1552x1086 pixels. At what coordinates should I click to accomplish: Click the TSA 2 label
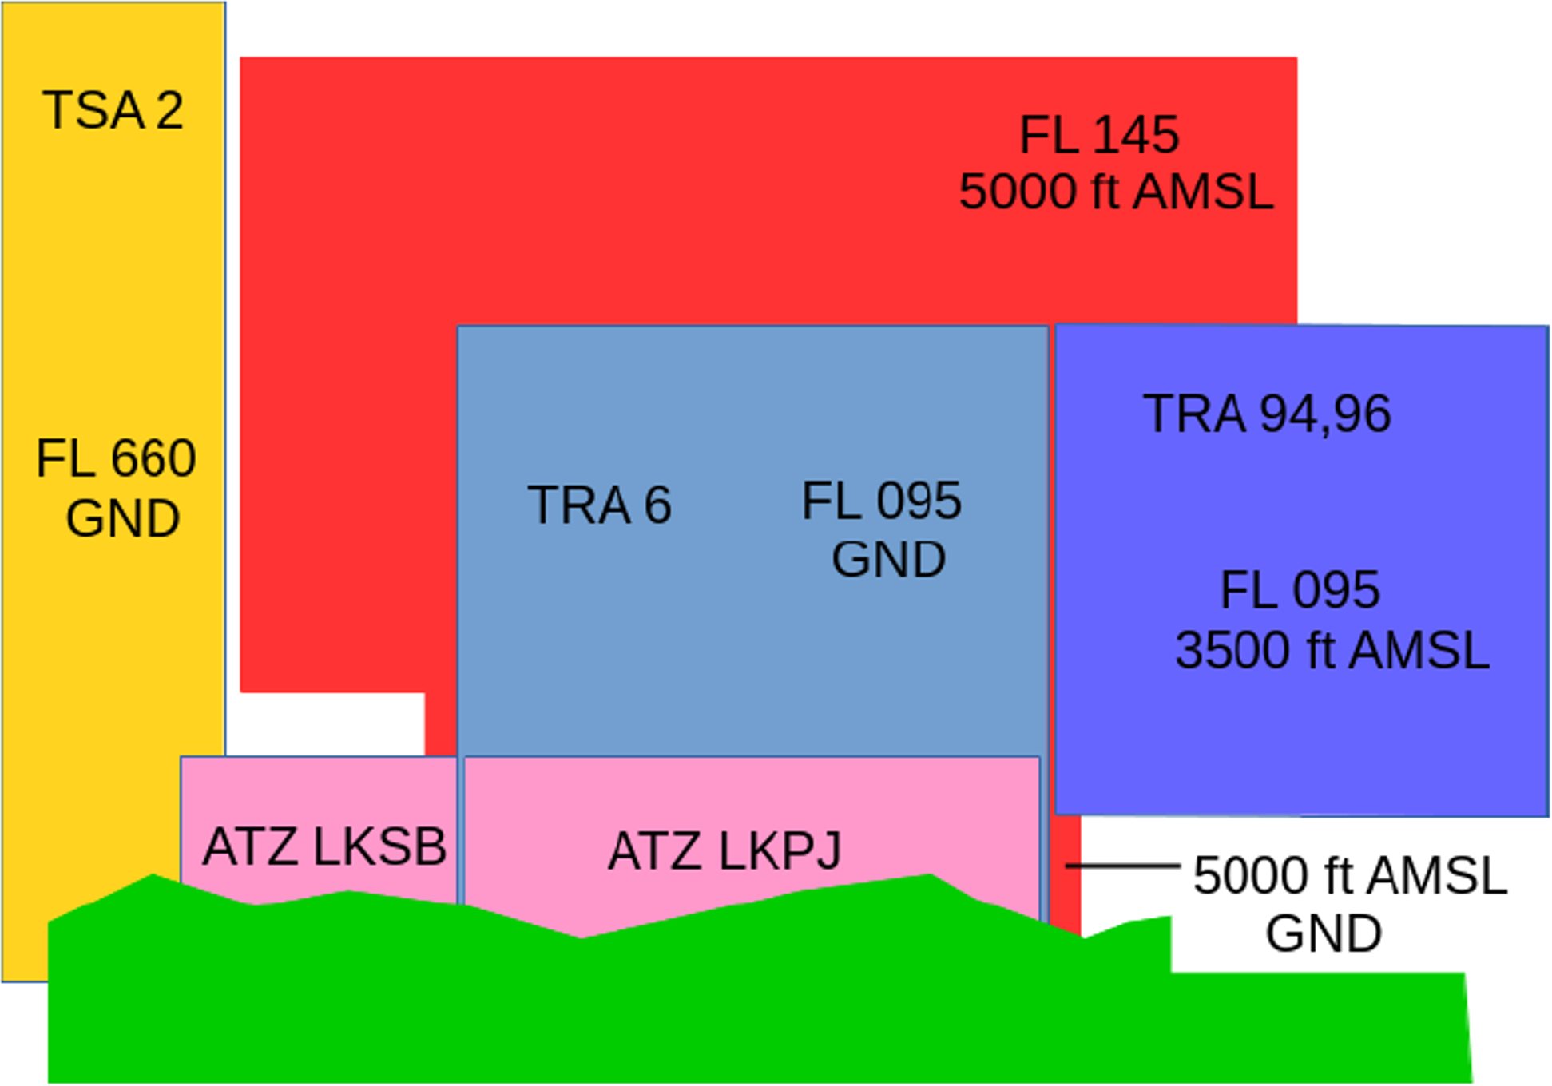tap(113, 110)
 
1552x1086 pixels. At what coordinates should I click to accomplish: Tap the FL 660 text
tap(116, 458)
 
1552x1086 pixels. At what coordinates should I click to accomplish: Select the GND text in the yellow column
tap(122, 519)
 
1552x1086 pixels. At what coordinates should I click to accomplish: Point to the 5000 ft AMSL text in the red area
tap(1116, 192)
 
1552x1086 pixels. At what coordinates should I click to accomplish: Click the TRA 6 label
tap(599, 505)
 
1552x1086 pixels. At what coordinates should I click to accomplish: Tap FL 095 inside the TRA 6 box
tap(882, 501)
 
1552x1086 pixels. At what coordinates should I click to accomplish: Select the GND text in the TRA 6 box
tap(888, 559)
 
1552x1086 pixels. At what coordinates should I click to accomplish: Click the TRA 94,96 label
tap(1267, 414)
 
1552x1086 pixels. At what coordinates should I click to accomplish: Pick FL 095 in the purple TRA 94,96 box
tap(1300, 590)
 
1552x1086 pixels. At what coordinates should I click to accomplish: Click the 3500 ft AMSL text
tap(1332, 650)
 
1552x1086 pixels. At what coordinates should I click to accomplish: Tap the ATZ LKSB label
tap(324, 846)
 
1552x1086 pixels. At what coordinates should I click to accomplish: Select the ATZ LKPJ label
tap(724, 851)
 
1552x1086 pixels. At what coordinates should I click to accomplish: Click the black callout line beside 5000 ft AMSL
tap(1122, 866)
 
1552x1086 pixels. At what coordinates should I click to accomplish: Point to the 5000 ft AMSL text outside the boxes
tap(1350, 876)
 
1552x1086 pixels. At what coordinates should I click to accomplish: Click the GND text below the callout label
tap(1324, 933)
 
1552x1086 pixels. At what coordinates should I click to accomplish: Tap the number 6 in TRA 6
tap(658, 505)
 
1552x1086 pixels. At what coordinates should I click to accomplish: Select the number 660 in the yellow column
tap(153, 458)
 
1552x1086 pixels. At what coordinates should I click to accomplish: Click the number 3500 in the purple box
tap(1231, 650)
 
